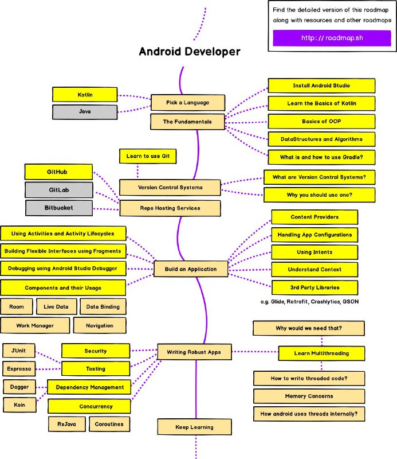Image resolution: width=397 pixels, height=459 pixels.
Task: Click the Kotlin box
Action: [85, 95]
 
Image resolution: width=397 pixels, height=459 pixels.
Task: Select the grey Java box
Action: [85, 112]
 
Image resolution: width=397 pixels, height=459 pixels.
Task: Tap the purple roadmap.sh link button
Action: [332, 38]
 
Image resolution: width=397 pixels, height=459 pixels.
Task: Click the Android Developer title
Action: [190, 52]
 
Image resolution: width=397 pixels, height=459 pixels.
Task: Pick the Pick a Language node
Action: [188, 103]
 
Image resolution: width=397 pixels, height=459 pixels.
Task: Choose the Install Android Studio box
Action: [321, 85]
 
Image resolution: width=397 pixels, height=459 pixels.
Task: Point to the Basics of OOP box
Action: [321, 122]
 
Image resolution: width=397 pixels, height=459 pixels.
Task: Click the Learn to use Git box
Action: [148, 156]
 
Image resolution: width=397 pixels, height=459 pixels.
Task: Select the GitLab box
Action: [59, 190]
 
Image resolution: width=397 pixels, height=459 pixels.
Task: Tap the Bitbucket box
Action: [59, 208]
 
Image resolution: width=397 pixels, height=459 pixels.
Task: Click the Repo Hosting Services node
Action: [170, 208]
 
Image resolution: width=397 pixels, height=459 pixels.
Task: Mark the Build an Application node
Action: [191, 269]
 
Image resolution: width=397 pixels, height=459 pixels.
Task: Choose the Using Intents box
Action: [315, 252]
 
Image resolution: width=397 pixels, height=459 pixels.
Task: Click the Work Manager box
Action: [35, 325]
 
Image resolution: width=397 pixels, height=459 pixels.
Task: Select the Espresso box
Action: [19, 369]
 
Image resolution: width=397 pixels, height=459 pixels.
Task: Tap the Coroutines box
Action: [109, 424]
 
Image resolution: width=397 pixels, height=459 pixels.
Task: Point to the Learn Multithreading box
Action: [321, 353]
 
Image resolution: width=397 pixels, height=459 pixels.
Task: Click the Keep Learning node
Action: [194, 427]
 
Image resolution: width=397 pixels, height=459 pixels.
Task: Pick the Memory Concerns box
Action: [309, 396]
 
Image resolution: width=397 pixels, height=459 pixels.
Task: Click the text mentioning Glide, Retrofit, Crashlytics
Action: [309, 302]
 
